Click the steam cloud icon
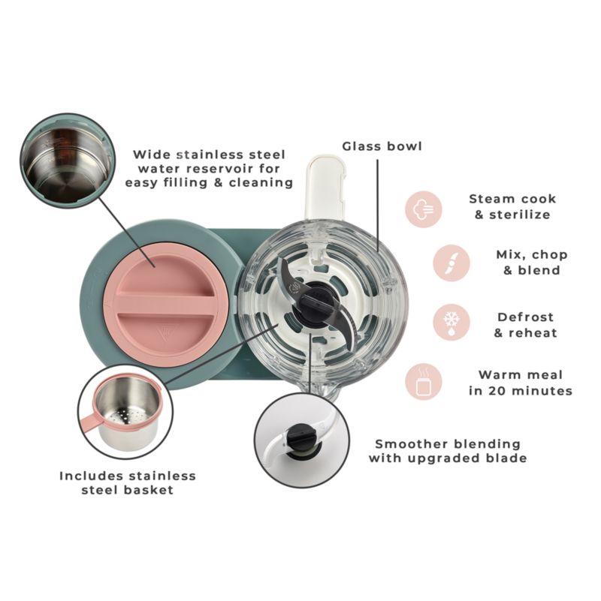click(424, 209)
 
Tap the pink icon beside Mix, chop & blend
click(452, 263)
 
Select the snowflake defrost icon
click(452, 323)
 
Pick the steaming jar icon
click(424, 382)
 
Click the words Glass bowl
click(382, 146)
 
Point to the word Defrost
click(525, 317)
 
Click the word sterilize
click(520, 215)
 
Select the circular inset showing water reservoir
click(68, 161)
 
